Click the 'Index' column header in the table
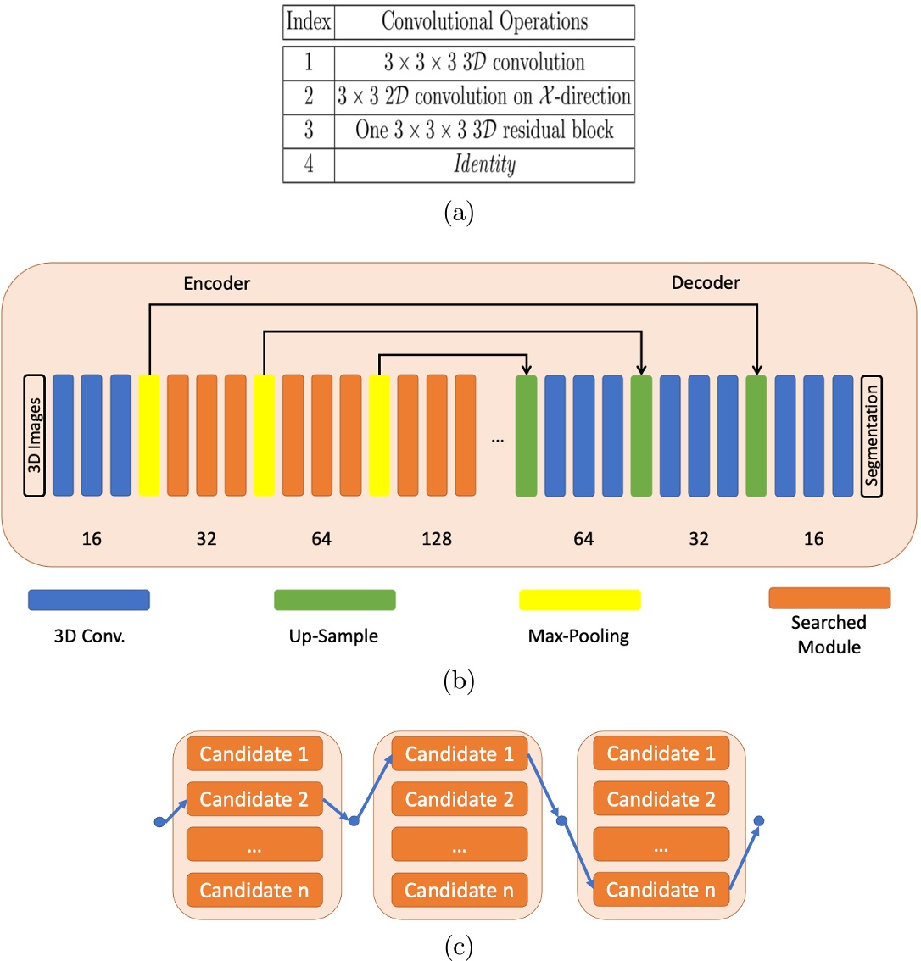click(x=309, y=21)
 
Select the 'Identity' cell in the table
click(x=484, y=164)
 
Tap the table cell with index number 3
click(x=309, y=131)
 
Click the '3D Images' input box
click(x=35, y=436)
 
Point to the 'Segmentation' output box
click(x=871, y=436)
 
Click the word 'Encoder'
click(x=217, y=284)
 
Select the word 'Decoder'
click(x=706, y=284)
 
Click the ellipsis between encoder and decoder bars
click(x=497, y=440)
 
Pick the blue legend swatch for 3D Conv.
click(x=89, y=600)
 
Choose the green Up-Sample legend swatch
click(x=334, y=600)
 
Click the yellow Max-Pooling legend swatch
click(x=579, y=600)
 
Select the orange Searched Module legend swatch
click(x=829, y=597)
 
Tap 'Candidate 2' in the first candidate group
click(x=254, y=799)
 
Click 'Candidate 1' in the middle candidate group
click(x=459, y=754)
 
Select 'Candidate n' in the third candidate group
click(x=661, y=890)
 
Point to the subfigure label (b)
click(x=459, y=680)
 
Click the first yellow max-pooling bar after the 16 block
click(x=149, y=436)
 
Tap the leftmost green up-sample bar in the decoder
click(x=527, y=436)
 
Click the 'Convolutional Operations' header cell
click(x=484, y=21)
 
